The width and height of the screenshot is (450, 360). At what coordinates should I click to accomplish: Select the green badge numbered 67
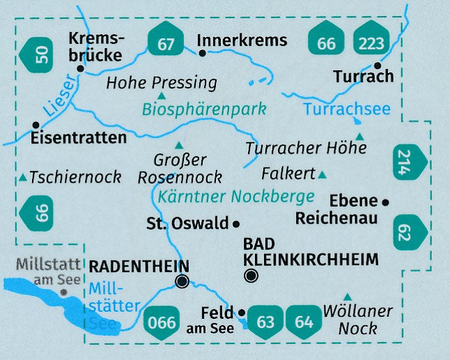point(166,43)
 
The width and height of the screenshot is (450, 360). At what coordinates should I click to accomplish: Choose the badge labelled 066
point(162,322)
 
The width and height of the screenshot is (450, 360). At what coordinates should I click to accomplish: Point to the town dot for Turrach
point(378,65)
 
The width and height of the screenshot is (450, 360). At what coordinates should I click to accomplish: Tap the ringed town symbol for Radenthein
point(182,281)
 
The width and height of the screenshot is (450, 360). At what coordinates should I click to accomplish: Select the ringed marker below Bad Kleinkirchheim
point(251,276)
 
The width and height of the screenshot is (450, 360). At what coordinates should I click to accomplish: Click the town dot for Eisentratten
point(36,125)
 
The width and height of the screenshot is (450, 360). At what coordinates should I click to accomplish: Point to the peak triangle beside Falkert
point(322,173)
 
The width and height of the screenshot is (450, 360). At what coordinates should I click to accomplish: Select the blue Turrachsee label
point(347,109)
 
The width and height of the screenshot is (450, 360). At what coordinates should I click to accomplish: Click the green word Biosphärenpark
point(204,109)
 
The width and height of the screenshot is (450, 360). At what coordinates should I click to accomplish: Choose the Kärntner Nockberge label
point(236,196)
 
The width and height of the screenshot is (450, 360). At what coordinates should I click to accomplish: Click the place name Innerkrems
point(242,40)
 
